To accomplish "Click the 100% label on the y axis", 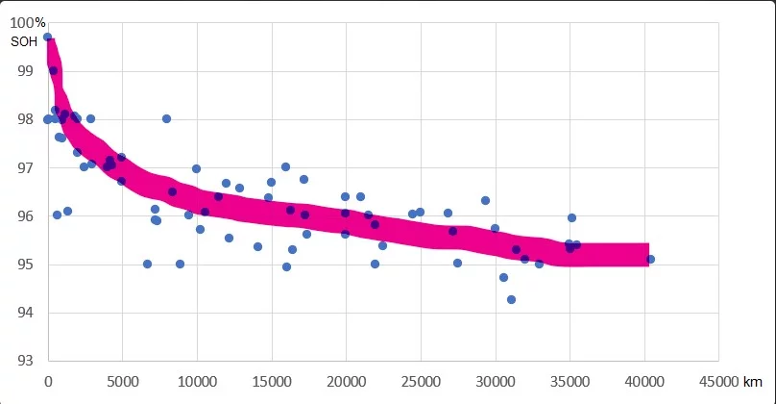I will point(30,22).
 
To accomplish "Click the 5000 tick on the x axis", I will point(122,381).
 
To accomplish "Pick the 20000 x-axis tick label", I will point(346,381).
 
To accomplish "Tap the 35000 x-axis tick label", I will point(570,381).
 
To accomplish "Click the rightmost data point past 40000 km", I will point(650,259).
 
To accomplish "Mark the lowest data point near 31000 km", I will point(511,299).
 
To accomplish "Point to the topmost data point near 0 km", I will point(47,37).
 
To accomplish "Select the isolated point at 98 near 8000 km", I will point(166,118).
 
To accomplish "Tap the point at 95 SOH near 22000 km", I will point(375,264).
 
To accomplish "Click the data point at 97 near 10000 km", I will point(196,168).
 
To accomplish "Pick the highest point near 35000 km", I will point(571,217).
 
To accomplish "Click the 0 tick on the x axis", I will point(48,381).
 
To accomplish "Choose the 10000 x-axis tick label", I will point(197,381).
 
